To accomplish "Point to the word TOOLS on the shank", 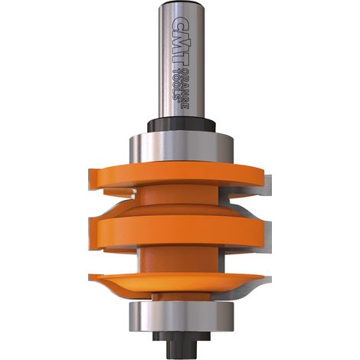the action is pyautogui.click(x=176, y=84).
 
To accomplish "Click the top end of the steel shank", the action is pyautogui.click(x=182, y=2).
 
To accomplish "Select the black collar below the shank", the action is pyautogui.click(x=182, y=125).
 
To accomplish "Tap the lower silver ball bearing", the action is pyautogui.click(x=182, y=316).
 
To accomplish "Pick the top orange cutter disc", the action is pyautogui.click(x=176, y=177).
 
